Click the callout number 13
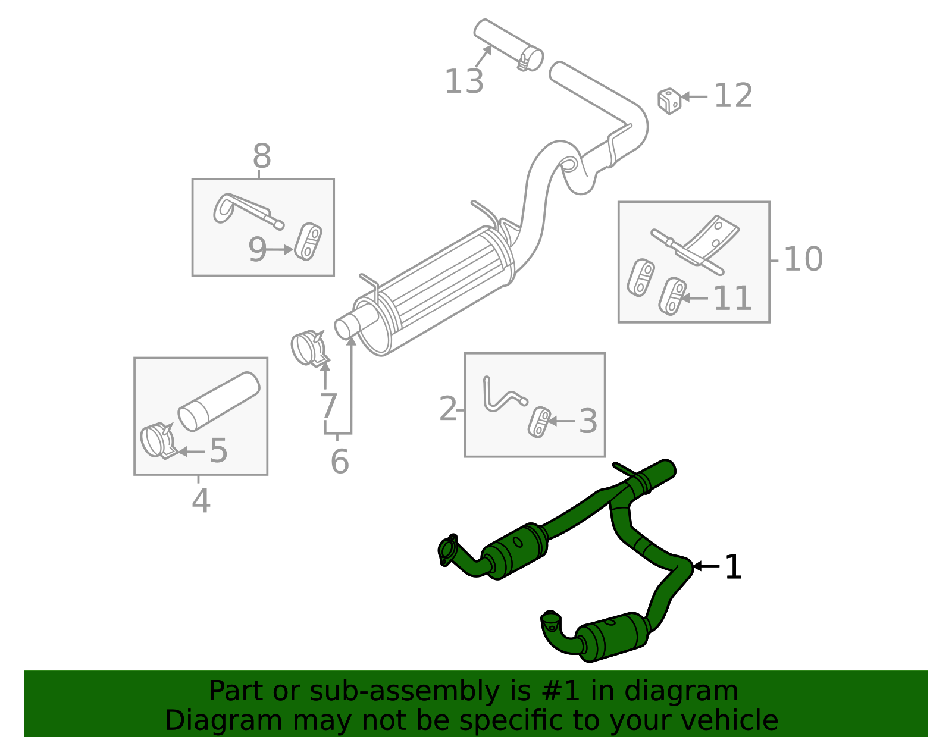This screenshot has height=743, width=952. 464,81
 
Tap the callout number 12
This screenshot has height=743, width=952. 732,96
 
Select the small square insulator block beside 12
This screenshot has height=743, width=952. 669,101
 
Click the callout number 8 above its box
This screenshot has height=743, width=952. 262,157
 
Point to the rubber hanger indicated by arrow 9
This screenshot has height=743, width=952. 308,241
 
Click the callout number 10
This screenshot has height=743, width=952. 803,259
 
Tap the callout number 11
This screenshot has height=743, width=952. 732,298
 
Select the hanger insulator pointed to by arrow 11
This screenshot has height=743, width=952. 672,296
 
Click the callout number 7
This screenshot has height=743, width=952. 328,406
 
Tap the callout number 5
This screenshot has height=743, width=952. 218,450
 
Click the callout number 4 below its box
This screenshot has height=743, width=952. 201,501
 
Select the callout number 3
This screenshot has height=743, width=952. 587,421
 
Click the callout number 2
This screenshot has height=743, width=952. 448,409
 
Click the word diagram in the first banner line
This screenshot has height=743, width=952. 693,691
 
